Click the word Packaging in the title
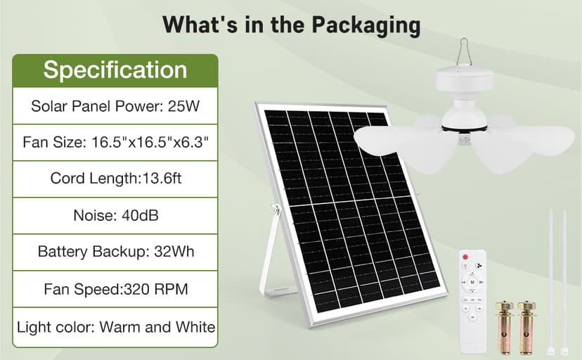[x=366, y=25]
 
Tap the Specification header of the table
[x=115, y=70]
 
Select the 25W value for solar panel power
[x=183, y=106]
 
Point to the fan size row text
[x=115, y=142]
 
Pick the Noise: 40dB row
[x=116, y=215]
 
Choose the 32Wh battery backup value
[x=174, y=252]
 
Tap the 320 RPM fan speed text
[x=155, y=289]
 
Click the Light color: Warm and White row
[x=116, y=327]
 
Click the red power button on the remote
[x=465, y=257]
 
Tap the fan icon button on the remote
[x=479, y=266]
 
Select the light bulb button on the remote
[x=465, y=266]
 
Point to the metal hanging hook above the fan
[x=464, y=52]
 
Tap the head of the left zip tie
[x=550, y=351]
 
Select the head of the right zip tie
[x=564, y=351]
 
